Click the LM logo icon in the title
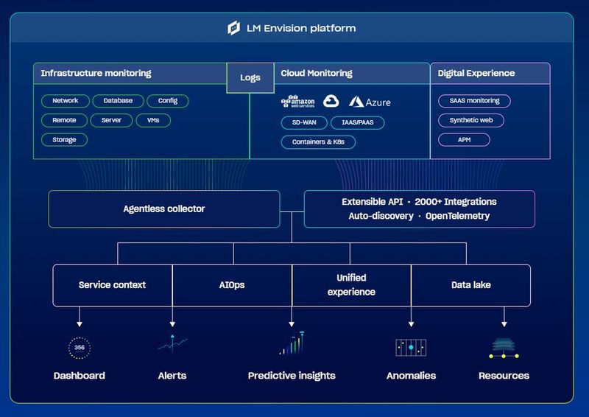pos(234,28)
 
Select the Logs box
pos(250,77)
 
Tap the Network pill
pos(66,101)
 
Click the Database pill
pos(118,101)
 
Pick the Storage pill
pos(64,139)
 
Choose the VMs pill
pos(153,120)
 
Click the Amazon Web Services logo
pos(297,102)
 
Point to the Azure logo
pos(370,102)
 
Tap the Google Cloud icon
pos(330,102)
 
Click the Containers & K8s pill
pos(318,141)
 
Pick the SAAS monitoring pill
pos(474,101)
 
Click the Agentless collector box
pos(164,209)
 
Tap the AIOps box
pos(233,285)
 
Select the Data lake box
pos(470,285)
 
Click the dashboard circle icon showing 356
pos(80,348)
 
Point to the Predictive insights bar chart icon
pos(292,344)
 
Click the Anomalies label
pos(411,376)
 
